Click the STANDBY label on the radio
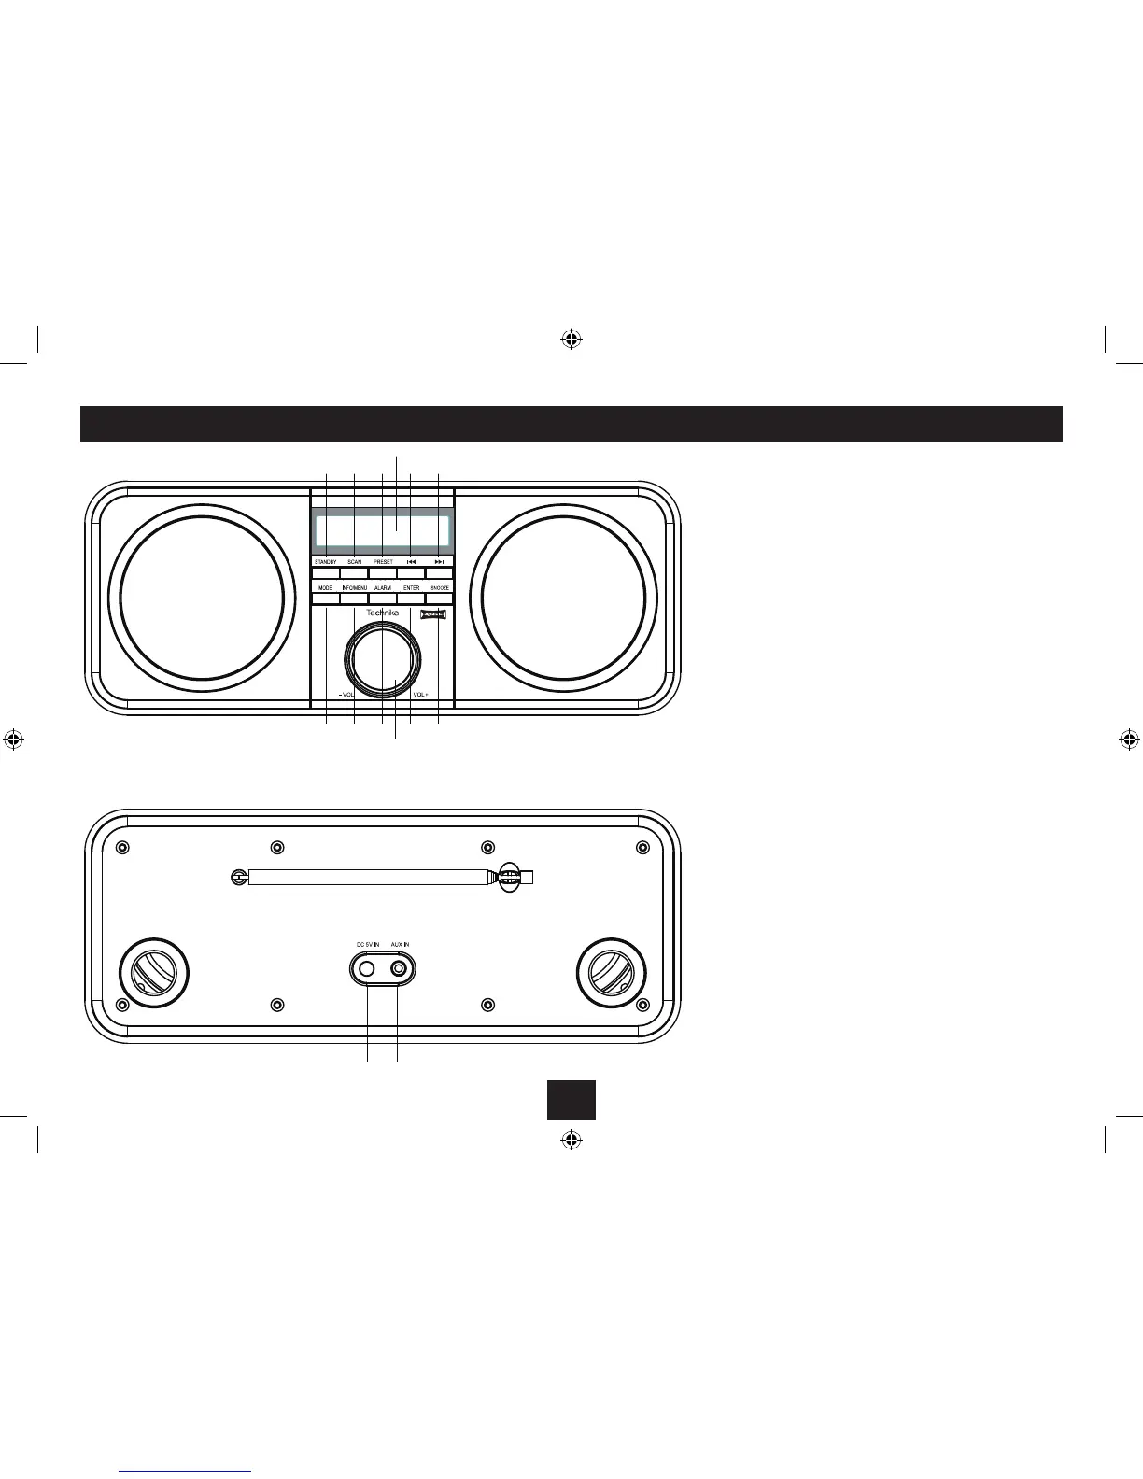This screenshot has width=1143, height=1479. point(325,562)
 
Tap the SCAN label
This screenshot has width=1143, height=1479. point(354,562)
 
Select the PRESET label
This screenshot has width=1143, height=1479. point(383,562)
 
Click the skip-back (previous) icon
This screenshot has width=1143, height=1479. point(411,562)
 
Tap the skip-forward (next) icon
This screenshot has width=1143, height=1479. point(439,562)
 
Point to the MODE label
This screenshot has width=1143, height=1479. point(325,588)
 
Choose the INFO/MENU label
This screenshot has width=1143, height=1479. point(354,588)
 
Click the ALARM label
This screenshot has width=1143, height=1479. point(383,588)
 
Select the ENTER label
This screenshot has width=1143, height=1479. point(411,588)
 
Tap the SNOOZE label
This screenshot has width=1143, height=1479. point(440,588)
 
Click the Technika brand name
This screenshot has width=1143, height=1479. point(382,613)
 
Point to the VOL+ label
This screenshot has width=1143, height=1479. point(419,695)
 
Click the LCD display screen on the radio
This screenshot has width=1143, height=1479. point(382,531)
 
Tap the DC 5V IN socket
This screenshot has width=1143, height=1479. point(367,969)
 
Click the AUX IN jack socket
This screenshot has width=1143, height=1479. point(399,969)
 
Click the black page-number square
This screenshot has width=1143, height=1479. point(571,1100)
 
